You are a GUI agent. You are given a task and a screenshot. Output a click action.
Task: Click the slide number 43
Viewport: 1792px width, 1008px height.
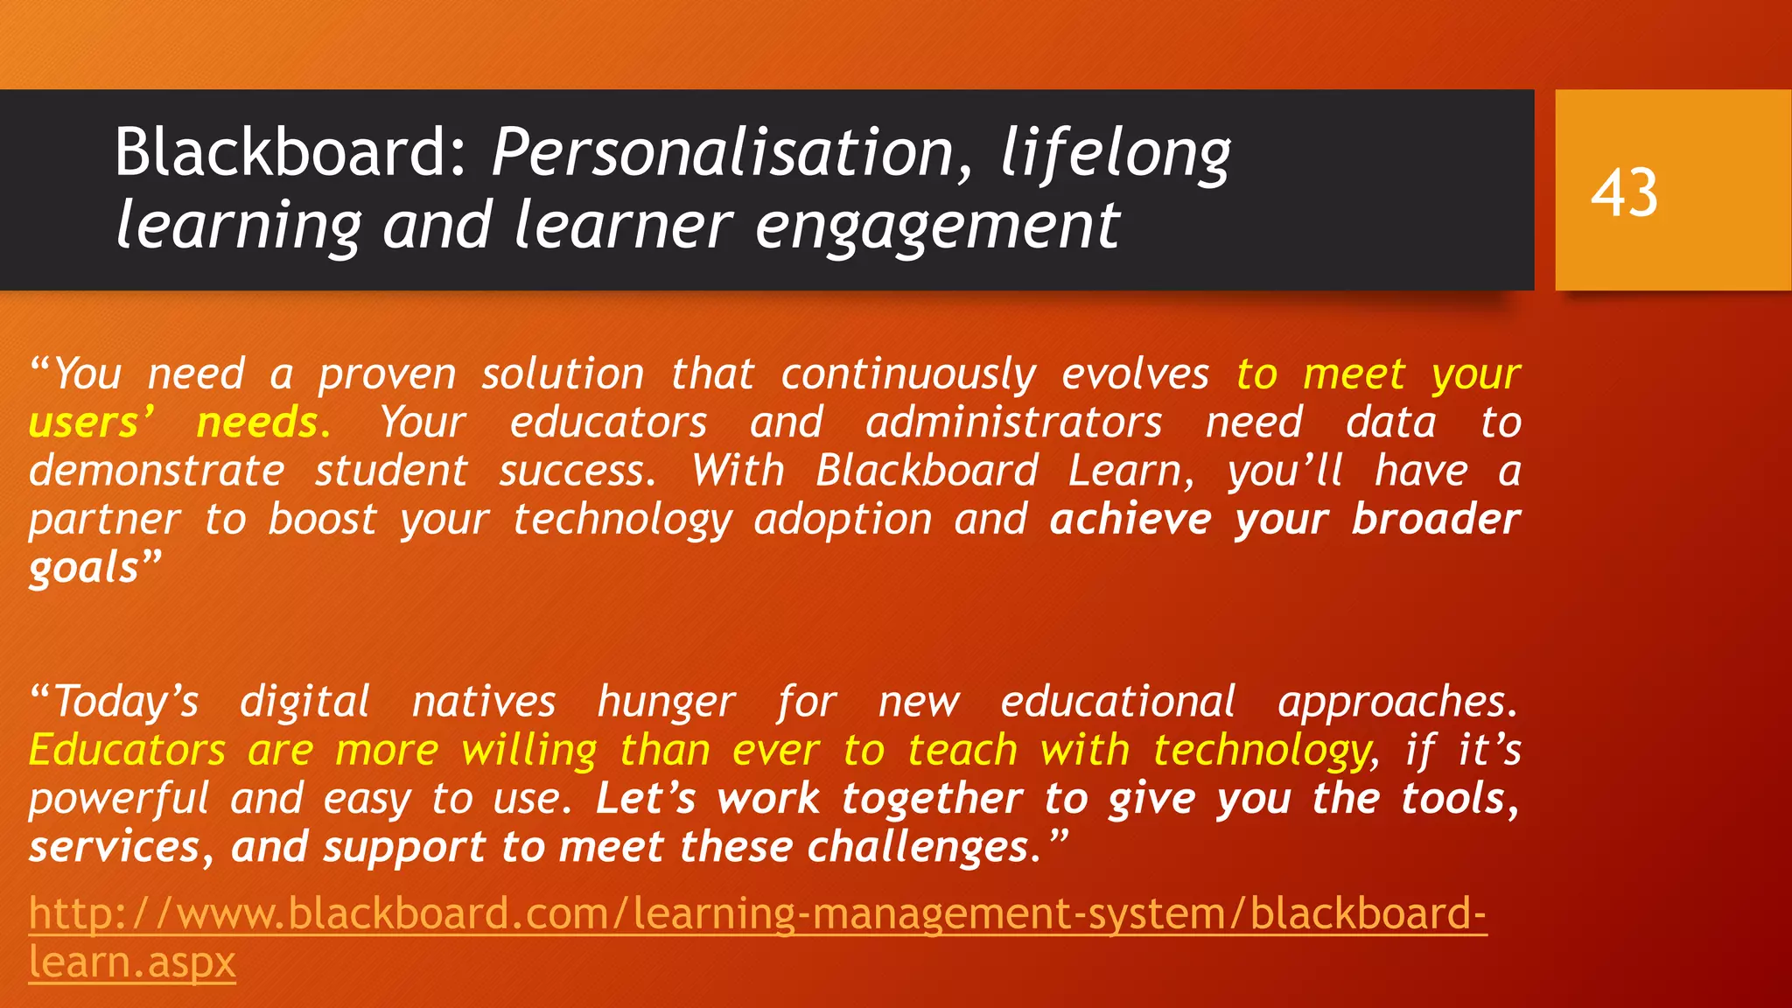click(x=1624, y=192)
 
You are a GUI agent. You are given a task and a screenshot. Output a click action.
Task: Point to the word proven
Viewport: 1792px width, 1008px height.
click(x=387, y=375)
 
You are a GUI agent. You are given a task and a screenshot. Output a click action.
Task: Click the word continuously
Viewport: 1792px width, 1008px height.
click(x=908, y=375)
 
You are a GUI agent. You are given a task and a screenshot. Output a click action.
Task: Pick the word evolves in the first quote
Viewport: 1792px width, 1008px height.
click(x=1135, y=374)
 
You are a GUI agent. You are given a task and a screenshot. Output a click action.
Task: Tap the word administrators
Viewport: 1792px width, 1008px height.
click(x=1013, y=423)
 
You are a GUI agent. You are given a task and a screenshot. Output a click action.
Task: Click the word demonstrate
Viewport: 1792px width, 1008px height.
click(x=157, y=472)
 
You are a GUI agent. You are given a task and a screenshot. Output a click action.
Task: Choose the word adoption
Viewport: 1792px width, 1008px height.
click(x=843, y=520)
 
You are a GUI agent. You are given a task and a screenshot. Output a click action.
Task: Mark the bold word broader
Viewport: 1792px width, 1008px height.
click(x=1436, y=520)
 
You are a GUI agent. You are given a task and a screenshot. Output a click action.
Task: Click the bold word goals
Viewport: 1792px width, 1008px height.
click(x=84, y=569)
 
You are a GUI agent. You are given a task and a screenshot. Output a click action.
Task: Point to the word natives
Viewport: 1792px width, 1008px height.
click(x=484, y=703)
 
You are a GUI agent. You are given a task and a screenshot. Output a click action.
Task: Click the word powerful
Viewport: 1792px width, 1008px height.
click(x=119, y=800)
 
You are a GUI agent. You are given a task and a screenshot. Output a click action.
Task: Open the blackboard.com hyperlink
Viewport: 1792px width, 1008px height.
click(x=758, y=914)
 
